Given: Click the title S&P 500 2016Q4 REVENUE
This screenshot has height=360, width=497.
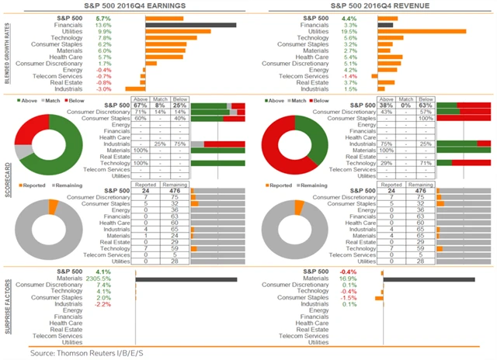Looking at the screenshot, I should pos(370,6).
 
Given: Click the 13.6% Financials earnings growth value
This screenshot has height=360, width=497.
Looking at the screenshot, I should pos(103,25).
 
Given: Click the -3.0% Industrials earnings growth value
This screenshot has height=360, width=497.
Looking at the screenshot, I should pos(103,89).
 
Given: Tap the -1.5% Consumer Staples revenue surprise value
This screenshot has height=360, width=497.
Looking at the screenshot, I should pos(349,298).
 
